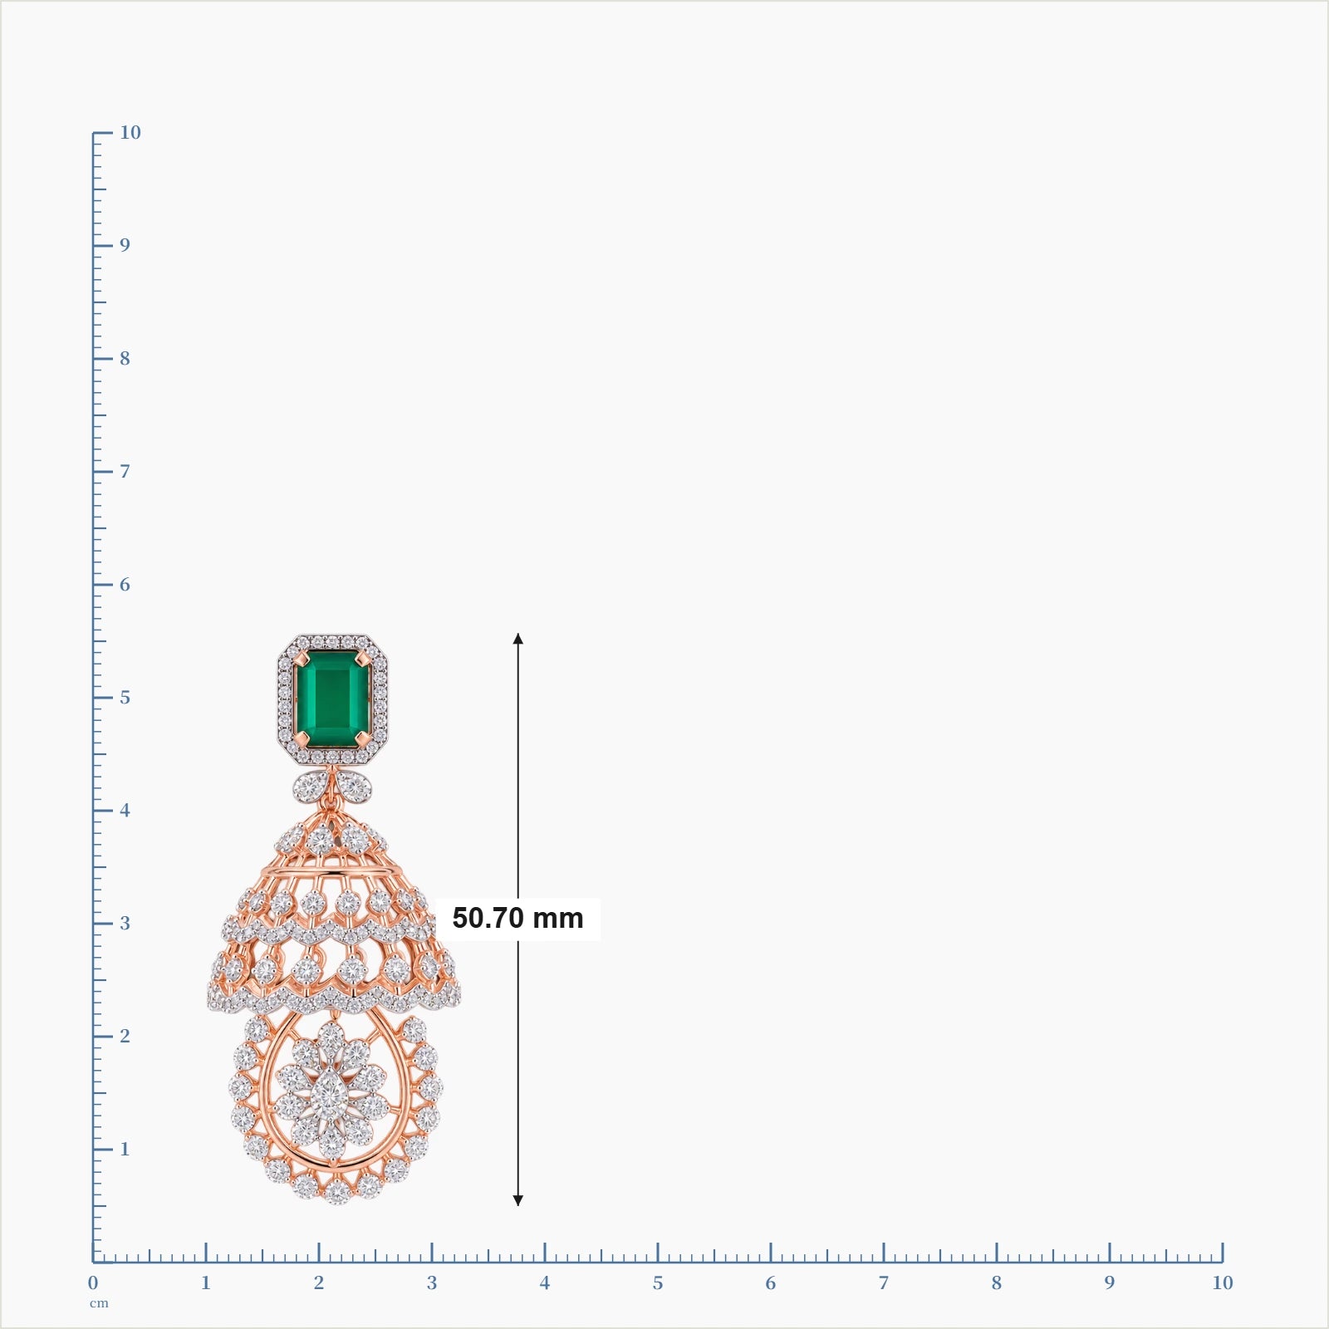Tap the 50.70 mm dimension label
(517, 918)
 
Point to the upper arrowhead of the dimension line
(517, 638)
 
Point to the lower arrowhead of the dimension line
(517, 1199)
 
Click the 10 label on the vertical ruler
(130, 132)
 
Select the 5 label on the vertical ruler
(125, 697)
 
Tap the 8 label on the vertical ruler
(125, 358)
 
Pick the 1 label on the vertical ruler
(125, 1149)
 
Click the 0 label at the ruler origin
(93, 1282)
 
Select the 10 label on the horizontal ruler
(1222, 1282)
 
